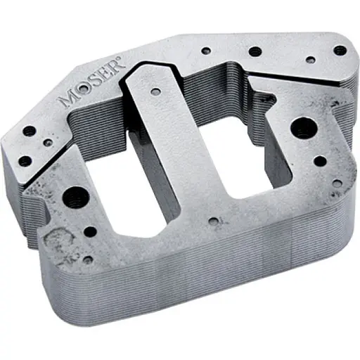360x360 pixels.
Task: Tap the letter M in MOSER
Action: click(70, 98)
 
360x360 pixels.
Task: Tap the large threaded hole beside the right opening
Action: click(303, 129)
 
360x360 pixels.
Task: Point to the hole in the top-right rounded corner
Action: click(340, 51)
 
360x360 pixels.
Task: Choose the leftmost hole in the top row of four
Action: click(207, 51)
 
